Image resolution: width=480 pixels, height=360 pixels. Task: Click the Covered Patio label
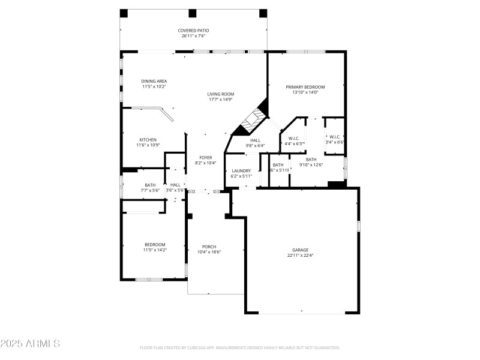click(x=193, y=31)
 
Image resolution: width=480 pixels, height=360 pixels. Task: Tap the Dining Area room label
click(x=154, y=81)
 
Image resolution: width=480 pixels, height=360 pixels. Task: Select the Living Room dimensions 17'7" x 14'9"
click(x=221, y=100)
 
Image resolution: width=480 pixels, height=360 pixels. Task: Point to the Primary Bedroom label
click(x=305, y=87)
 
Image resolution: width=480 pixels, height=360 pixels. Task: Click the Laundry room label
click(x=241, y=171)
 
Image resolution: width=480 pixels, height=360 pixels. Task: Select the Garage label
click(x=300, y=250)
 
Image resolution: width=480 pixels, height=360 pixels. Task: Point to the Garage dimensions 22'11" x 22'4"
click(x=300, y=256)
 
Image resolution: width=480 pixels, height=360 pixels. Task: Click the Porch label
click(x=209, y=247)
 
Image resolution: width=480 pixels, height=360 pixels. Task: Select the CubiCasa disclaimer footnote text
click(x=240, y=347)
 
